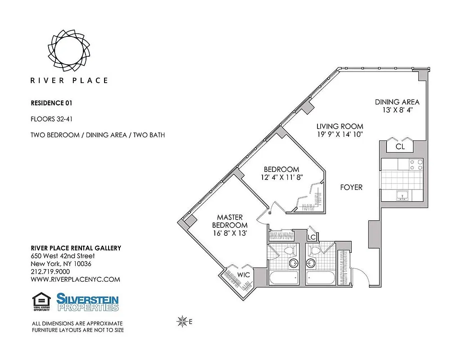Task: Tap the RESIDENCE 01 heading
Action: [51, 103]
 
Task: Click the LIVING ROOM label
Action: [339, 126]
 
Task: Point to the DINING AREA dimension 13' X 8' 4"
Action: [397, 109]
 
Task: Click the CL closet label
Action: [400, 147]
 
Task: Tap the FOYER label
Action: [351, 187]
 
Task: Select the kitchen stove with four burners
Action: [416, 165]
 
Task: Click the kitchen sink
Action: [402, 195]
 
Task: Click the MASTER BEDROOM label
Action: [230, 221]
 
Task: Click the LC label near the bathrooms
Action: [311, 237]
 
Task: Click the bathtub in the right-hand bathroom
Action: [321, 278]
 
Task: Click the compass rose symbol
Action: [182, 321]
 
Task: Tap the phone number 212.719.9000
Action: [50, 272]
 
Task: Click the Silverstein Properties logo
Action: [88, 302]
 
